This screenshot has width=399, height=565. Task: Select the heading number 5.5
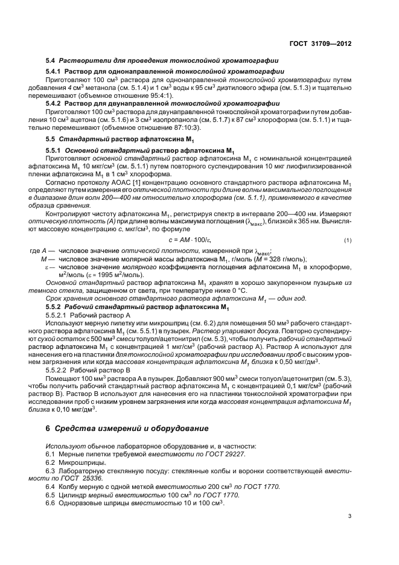coord(51,139)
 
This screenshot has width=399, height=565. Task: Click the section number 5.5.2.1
coord(57,315)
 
